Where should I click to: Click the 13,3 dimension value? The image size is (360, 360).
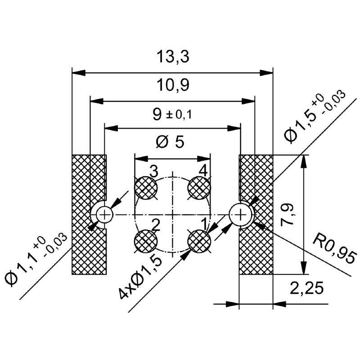point(172,57)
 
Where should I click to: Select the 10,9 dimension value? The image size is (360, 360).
point(172,85)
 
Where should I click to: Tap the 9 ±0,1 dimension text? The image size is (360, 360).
point(172,114)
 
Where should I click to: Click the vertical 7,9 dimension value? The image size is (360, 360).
point(291,215)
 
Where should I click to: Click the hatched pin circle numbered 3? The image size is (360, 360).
point(146,188)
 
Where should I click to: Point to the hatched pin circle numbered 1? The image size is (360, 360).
point(199,242)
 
